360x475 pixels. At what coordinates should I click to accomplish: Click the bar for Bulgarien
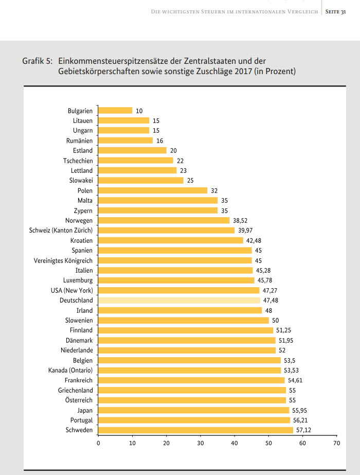115,111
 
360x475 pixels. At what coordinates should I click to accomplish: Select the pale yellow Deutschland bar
179,300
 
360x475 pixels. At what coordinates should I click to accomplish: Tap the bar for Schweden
195,430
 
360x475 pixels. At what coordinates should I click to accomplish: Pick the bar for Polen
152,190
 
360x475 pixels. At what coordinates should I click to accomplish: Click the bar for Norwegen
164,220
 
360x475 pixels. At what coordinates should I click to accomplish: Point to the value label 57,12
303,430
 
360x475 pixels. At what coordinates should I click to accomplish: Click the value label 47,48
271,300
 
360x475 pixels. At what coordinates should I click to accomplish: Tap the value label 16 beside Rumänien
159,140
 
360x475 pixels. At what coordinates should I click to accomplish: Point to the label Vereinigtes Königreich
63,260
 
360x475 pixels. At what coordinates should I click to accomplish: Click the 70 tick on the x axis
336,443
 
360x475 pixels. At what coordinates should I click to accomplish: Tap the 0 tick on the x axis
98,443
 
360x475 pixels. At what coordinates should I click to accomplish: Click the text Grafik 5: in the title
37,61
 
